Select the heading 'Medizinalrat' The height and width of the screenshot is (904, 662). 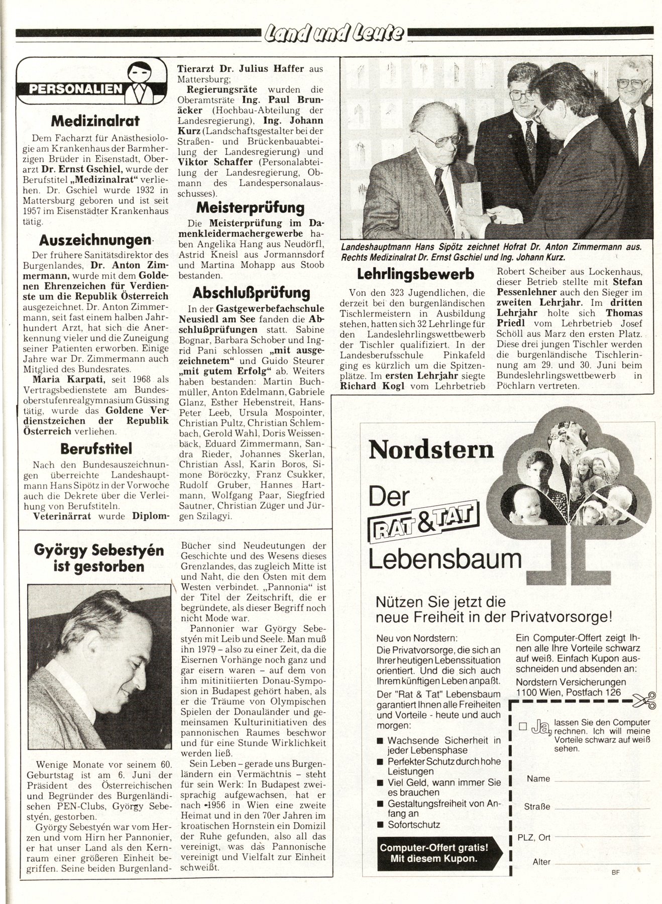(95, 121)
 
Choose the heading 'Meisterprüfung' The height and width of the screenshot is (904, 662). (250, 207)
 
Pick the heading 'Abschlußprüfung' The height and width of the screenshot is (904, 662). (250, 292)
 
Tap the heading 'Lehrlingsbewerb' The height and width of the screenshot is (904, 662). (415, 274)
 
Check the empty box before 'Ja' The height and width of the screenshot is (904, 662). (523, 726)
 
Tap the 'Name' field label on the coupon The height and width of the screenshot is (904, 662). (538, 779)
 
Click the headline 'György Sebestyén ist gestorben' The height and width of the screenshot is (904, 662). (99, 558)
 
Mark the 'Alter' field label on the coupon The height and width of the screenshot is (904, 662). (541, 862)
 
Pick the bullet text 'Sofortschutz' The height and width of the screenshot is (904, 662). (414, 825)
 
